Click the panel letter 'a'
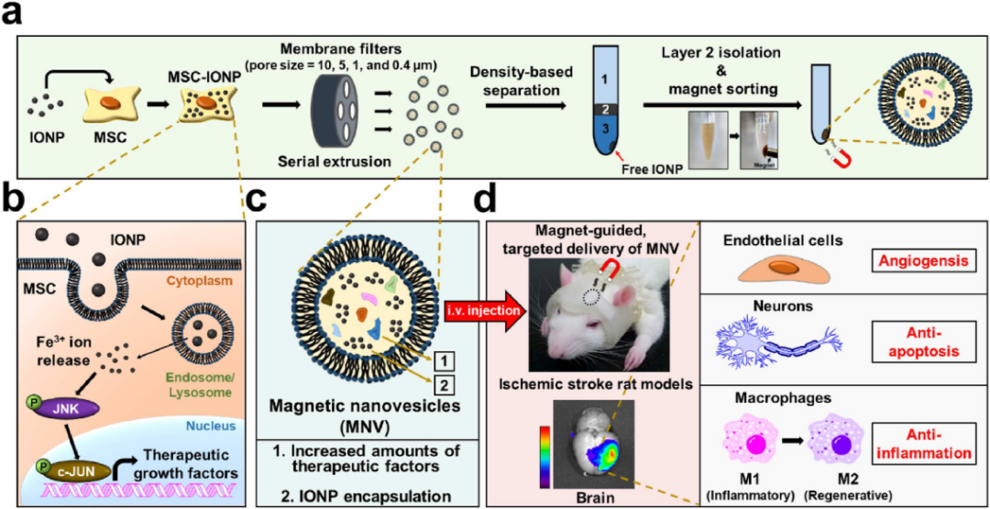(x=16, y=17)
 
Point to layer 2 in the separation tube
(x=606, y=108)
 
